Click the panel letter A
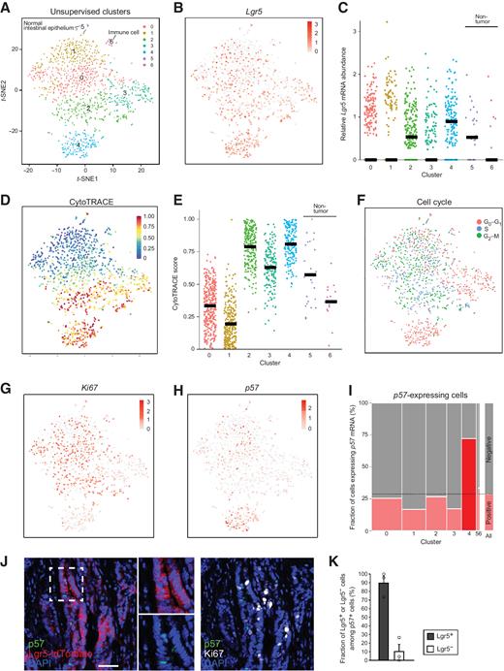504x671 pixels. tap(8, 9)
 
